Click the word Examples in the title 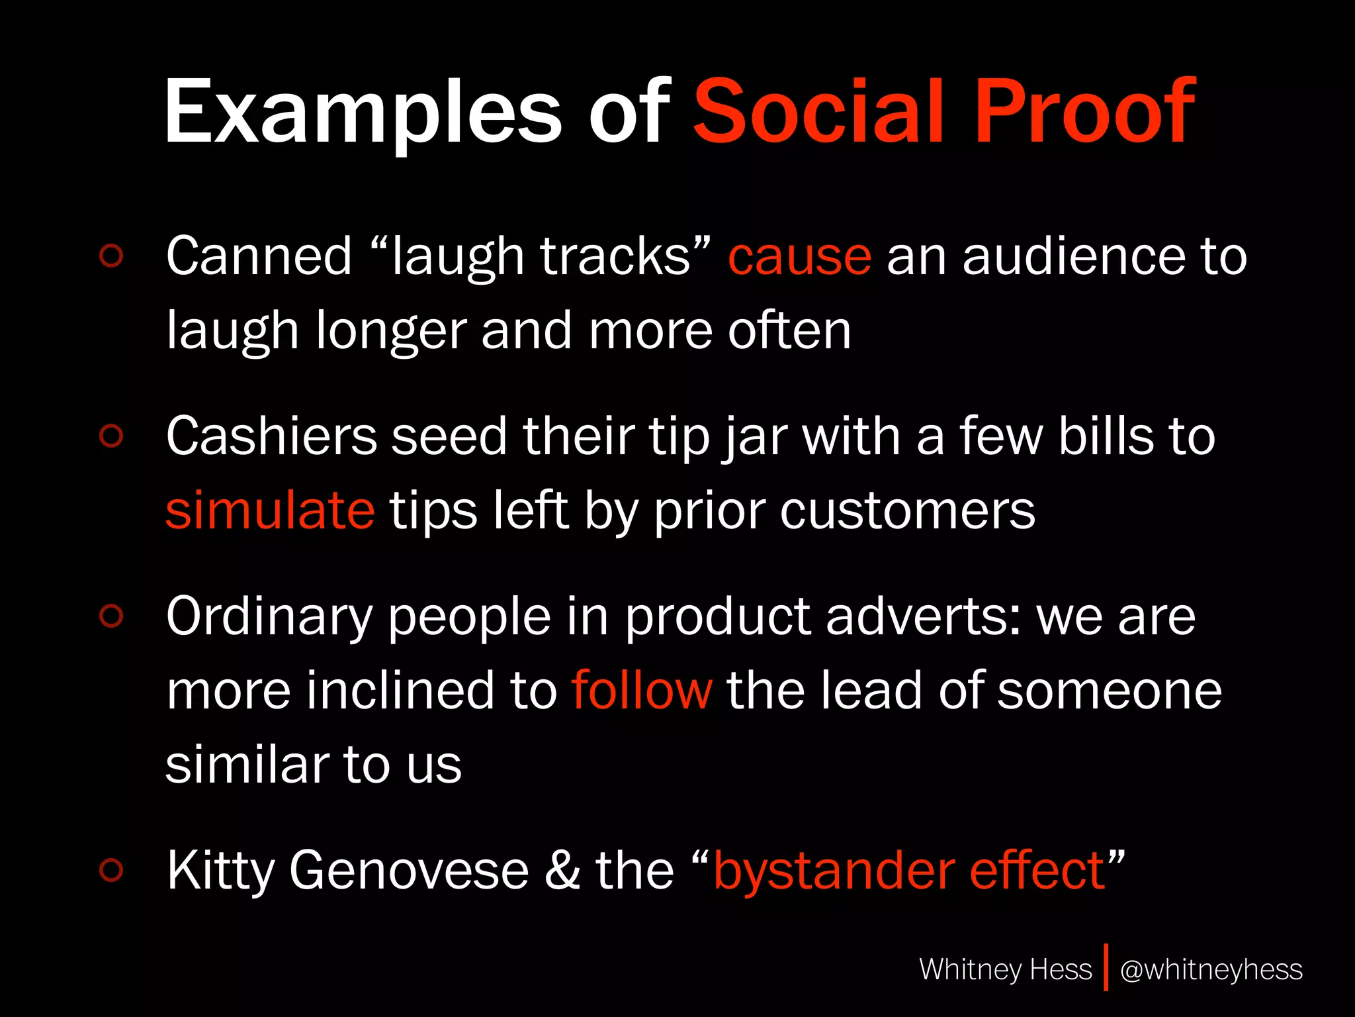(363, 113)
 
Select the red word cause (799, 257)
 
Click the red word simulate (270, 511)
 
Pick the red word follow (642, 691)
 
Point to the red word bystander (834, 871)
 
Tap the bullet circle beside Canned (111, 256)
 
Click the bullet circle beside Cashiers (111, 436)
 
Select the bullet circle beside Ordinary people (111, 616)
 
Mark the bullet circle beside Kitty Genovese (111, 870)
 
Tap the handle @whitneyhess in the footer (1211, 969)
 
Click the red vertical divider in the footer (1106, 968)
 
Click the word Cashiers (271, 436)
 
